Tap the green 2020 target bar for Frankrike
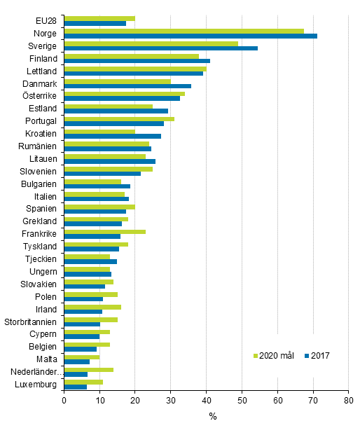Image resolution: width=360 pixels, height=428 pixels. pyautogui.click(x=104, y=231)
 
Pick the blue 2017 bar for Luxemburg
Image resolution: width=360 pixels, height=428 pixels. pyautogui.click(x=75, y=387)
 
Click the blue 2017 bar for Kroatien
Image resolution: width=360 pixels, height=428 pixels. pyautogui.click(x=112, y=136)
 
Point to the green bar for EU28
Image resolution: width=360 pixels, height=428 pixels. pyautogui.click(x=99, y=18)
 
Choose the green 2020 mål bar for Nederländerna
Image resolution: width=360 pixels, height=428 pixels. pyautogui.click(x=88, y=369)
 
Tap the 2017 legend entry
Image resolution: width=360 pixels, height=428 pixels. pyautogui.click(x=317, y=356)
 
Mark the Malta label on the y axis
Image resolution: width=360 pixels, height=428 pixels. pyautogui.click(x=47, y=359)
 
